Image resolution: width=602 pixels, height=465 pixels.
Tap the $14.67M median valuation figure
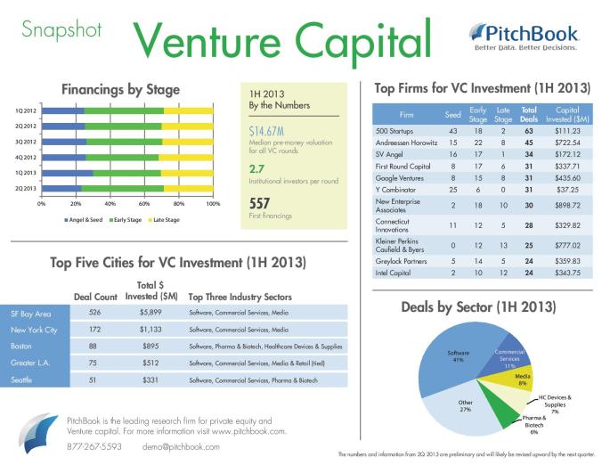[x=267, y=132]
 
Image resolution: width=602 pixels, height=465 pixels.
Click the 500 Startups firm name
[x=395, y=130]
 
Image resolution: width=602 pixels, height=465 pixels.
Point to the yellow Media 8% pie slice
[x=522, y=379]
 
